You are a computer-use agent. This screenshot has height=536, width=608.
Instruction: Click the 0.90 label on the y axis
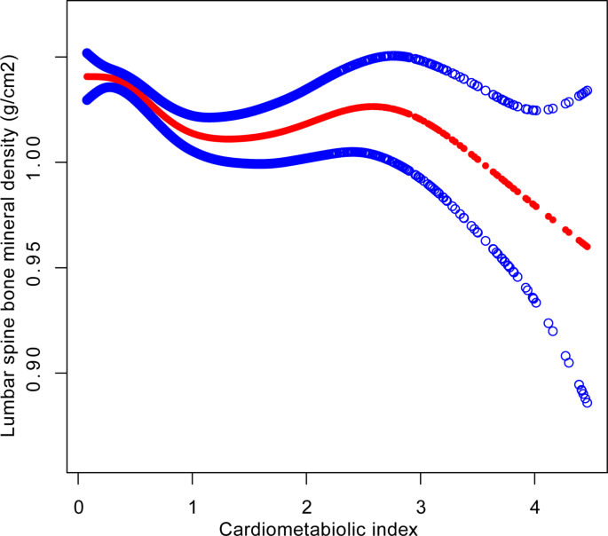pos(33,373)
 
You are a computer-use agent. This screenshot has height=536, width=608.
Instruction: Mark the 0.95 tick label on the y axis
pos(33,267)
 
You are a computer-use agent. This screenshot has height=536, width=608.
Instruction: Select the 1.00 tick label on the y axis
pos(33,162)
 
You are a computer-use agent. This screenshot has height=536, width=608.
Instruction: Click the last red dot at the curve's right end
pos(587,245)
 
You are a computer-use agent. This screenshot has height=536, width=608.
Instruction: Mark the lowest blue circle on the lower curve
pos(587,403)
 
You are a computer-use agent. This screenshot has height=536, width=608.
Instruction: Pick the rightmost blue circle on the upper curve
pos(588,91)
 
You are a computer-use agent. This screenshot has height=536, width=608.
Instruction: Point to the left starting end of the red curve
pos(87,76)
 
